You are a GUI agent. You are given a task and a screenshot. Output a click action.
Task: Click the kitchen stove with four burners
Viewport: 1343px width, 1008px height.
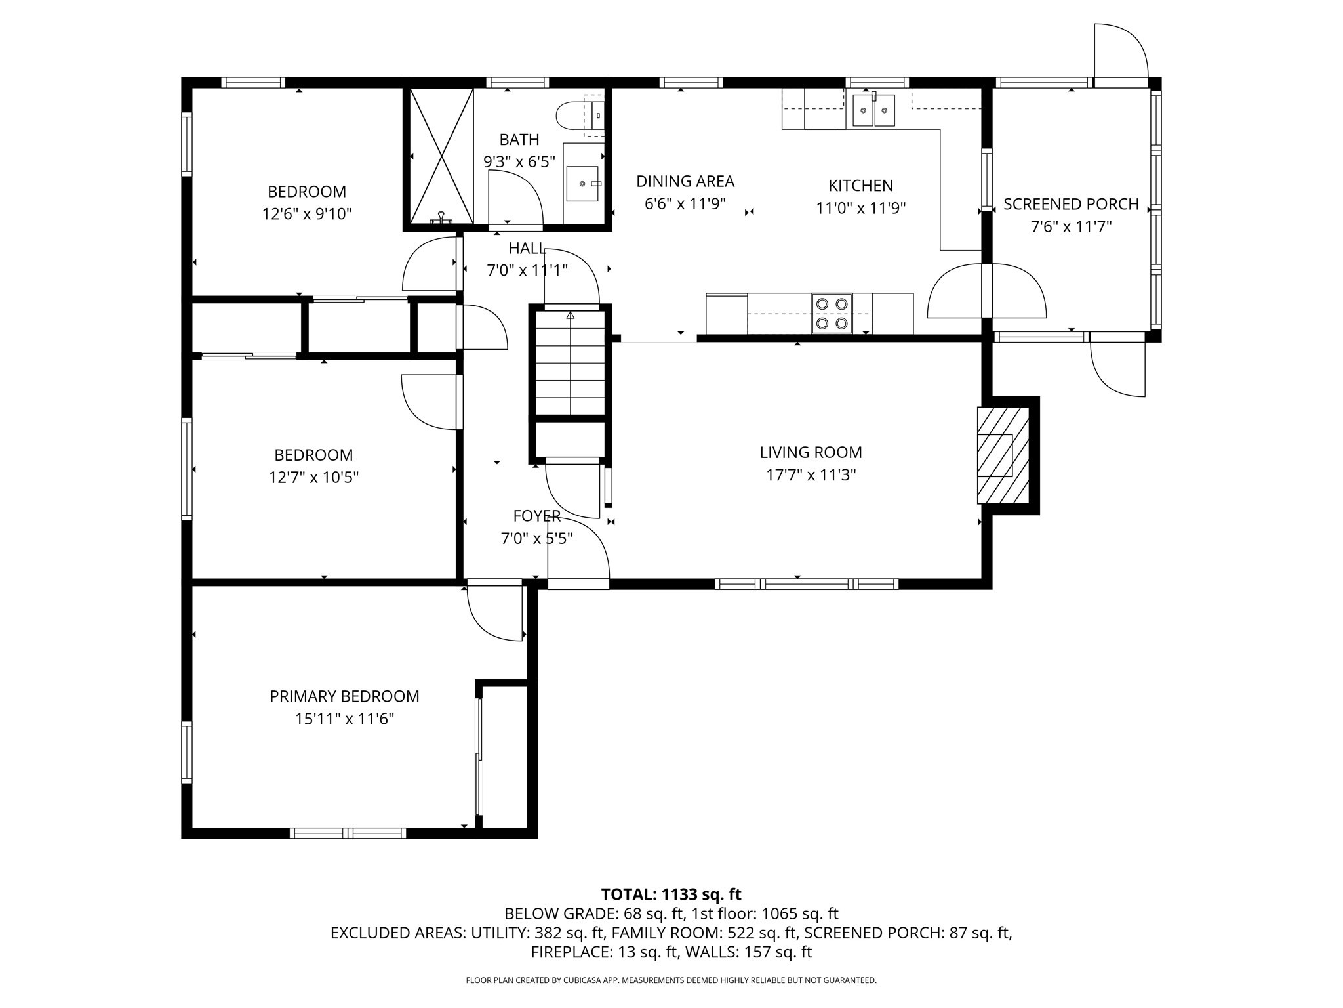[832, 313]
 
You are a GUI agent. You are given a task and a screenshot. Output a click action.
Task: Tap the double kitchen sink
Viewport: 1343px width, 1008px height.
[873, 110]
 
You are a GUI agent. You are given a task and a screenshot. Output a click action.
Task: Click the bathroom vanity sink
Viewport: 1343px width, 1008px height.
[582, 183]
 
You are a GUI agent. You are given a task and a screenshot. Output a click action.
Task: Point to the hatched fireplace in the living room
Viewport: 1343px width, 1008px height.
[1001, 455]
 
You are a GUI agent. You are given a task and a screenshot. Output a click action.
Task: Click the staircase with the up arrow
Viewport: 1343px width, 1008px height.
[570, 362]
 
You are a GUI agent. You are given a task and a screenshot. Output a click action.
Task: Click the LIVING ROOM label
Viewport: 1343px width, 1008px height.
[811, 452]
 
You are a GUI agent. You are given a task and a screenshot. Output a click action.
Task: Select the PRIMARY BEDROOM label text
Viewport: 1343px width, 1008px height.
[344, 696]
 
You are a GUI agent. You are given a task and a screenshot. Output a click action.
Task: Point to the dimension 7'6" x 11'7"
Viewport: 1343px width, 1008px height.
[1071, 227]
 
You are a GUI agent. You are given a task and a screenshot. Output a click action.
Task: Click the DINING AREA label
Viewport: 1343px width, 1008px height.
[685, 181]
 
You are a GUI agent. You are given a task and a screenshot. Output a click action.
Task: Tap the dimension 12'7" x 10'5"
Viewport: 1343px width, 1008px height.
[313, 477]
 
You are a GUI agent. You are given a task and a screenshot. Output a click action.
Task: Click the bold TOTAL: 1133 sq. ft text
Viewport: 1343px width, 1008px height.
[671, 894]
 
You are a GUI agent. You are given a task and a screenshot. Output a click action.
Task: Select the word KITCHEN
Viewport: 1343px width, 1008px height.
[860, 186]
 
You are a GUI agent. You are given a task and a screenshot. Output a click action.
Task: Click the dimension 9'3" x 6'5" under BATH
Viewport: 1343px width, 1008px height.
[519, 161]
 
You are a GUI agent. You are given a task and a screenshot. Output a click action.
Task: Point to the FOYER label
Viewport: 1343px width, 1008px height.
[536, 516]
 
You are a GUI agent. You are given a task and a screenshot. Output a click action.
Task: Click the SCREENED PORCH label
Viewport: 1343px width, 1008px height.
[1071, 204]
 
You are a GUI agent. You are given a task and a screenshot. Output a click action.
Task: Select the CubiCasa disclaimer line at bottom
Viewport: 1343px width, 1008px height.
[671, 980]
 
